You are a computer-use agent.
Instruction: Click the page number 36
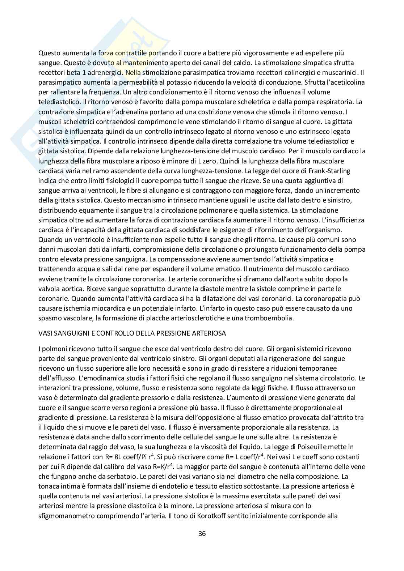(x=202, y=533)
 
